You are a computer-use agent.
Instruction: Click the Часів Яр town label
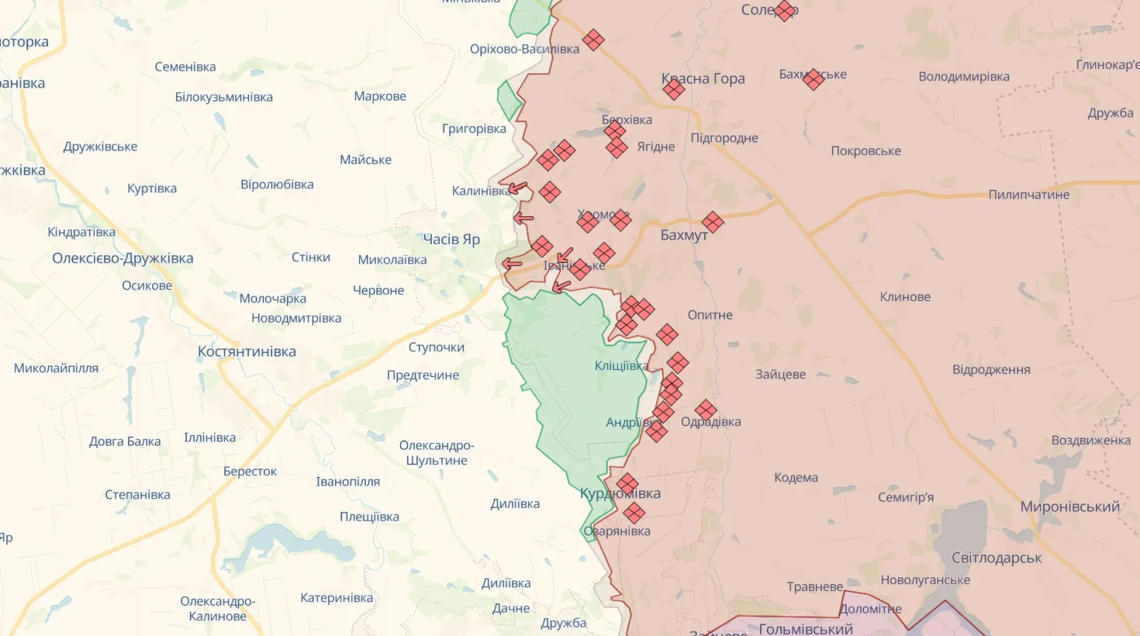click(x=451, y=240)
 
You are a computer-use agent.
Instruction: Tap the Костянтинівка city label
click(x=247, y=351)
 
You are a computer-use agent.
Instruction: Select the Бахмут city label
click(x=683, y=235)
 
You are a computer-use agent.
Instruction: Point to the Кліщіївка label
click(x=621, y=366)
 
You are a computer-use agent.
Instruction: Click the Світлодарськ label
click(x=997, y=558)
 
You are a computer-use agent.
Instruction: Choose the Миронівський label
click(x=1069, y=506)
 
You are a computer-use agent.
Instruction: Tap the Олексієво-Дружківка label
click(x=123, y=258)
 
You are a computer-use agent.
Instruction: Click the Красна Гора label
click(x=703, y=78)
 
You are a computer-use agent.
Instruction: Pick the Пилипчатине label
click(x=1028, y=195)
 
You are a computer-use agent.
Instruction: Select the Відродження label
click(x=991, y=370)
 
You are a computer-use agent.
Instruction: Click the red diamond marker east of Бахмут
click(x=713, y=223)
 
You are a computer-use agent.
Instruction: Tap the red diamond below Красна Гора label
click(x=674, y=90)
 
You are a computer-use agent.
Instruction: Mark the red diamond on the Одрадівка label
click(x=706, y=410)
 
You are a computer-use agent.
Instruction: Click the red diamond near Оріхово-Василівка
click(x=593, y=40)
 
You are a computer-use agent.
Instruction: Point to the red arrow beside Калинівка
click(x=518, y=188)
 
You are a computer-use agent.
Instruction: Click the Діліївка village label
click(x=515, y=504)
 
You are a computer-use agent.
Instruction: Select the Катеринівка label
click(x=337, y=598)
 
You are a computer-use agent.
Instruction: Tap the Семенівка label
click(x=185, y=67)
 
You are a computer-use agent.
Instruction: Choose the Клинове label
click(x=905, y=297)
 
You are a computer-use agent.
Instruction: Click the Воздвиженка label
click(x=1090, y=441)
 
